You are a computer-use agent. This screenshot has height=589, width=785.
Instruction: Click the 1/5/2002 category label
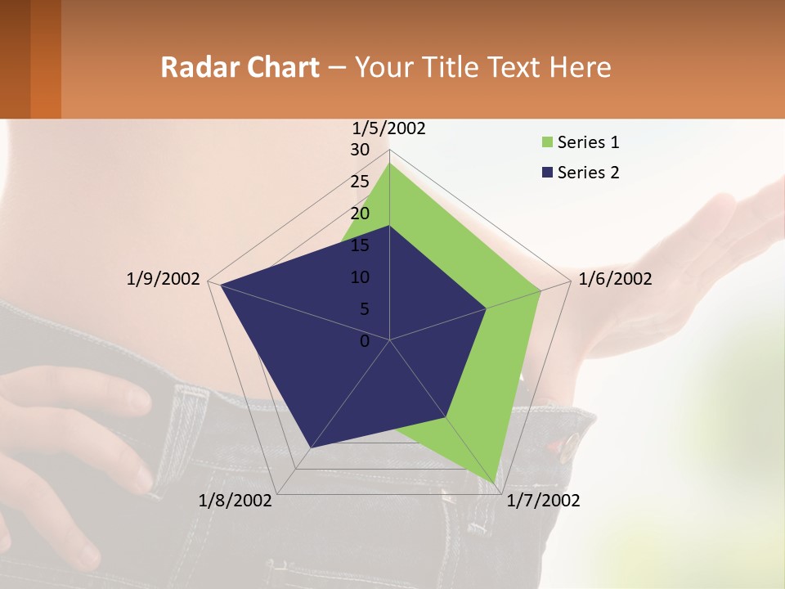pos(388,128)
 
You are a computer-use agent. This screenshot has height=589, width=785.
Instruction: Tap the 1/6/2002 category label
pos(615,279)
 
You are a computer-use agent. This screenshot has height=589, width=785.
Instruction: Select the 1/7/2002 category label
pos(543,501)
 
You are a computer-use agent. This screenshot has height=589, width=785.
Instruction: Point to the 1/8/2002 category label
pos(235,501)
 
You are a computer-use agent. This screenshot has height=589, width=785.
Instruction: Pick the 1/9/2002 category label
pos(164,279)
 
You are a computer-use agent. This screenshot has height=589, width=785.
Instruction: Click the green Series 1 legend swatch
pos(547,142)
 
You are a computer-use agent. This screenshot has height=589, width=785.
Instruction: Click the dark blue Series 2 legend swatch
pos(547,173)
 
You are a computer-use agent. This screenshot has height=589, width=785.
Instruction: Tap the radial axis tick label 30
pos(360,150)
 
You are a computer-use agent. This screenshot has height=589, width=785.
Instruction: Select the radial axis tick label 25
pos(360,182)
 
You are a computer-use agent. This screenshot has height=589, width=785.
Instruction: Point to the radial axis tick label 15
pos(360,245)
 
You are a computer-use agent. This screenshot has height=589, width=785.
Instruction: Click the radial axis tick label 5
pos(364,309)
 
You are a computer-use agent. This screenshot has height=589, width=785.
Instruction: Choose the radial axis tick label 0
pos(365,341)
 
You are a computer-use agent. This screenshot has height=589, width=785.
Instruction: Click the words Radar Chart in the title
pos(240,67)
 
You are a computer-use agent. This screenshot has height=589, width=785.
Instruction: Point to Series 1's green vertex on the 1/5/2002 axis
pos(389,164)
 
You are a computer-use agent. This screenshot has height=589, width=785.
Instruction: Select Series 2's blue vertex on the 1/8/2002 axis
pos(310,447)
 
